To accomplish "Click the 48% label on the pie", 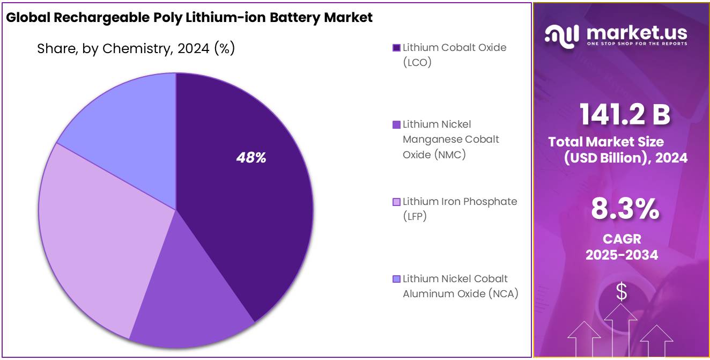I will (x=252, y=158).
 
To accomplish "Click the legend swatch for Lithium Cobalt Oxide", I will (x=397, y=48).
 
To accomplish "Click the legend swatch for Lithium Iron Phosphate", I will (x=397, y=202).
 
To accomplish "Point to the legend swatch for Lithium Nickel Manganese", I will (x=397, y=124).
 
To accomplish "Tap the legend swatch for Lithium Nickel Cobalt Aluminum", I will (x=397, y=279).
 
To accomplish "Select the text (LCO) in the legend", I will (x=417, y=62).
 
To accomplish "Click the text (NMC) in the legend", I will (x=450, y=155).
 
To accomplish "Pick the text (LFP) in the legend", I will (x=415, y=217).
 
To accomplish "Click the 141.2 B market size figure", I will (x=625, y=114).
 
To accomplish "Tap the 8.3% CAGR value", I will (x=625, y=209).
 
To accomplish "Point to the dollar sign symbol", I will (x=622, y=292).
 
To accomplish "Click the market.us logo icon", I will (x=561, y=35).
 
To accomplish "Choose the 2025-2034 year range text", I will (x=622, y=254).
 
